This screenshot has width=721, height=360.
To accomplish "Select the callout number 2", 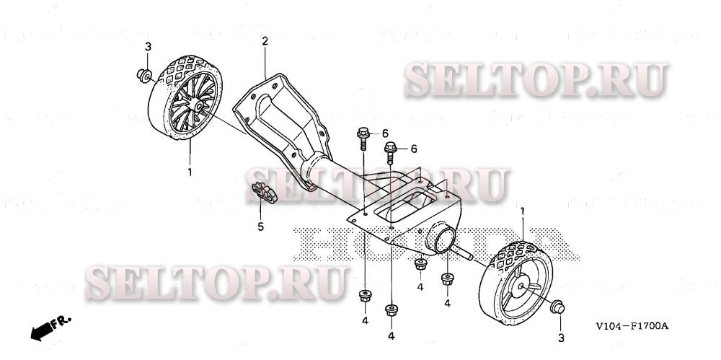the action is (265, 42).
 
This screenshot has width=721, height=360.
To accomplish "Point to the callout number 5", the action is (261, 227).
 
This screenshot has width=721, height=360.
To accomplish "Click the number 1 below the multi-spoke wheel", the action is (190, 172).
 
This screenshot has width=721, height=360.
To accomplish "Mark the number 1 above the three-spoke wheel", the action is (523, 209).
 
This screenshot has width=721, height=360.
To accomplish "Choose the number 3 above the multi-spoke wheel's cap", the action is (148, 47).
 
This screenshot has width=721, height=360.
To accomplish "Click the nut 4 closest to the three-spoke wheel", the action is (447, 278).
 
